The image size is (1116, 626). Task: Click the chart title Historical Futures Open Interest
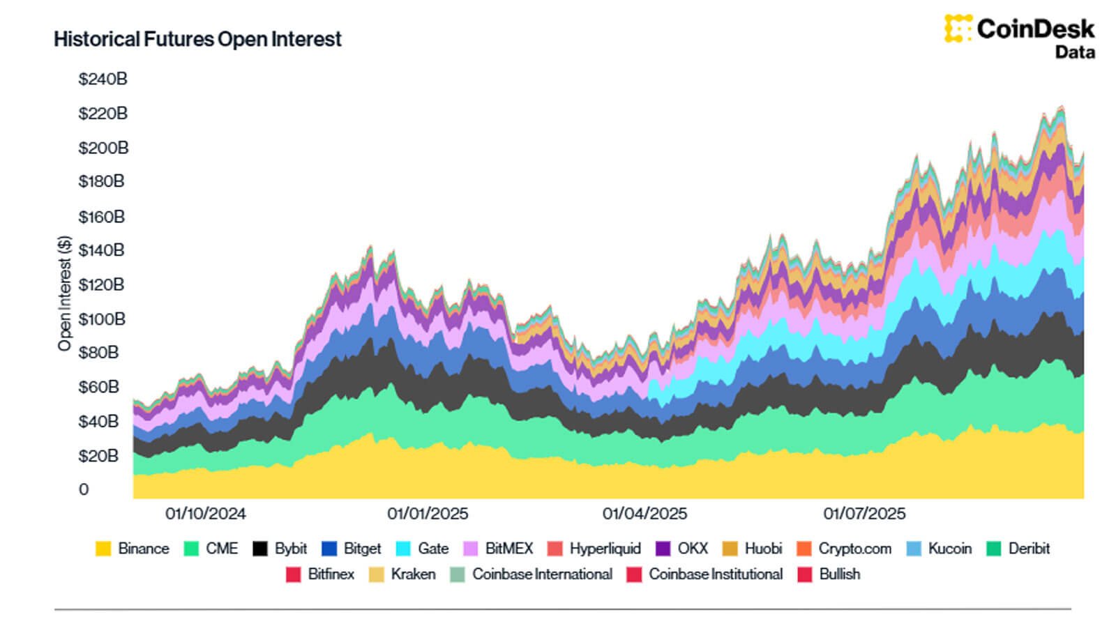tap(197, 39)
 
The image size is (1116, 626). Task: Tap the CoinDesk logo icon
tap(958, 29)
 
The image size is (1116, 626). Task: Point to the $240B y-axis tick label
tap(103, 79)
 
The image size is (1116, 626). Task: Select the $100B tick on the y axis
tap(102, 319)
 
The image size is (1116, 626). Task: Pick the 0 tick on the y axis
tap(84, 489)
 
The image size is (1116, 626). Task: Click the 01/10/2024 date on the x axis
tap(206, 514)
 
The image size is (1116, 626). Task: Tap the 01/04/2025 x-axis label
tap(644, 514)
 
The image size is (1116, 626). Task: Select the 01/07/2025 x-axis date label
tap(864, 514)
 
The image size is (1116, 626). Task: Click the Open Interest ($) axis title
tap(65, 293)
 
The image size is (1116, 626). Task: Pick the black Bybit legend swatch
tap(259, 549)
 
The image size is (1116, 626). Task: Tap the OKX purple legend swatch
tap(663, 549)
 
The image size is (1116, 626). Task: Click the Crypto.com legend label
tap(854, 549)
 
